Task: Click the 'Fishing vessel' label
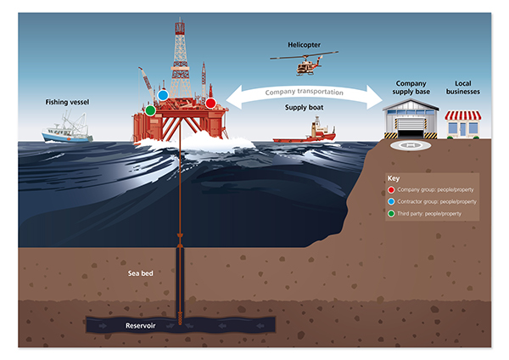coord(68,102)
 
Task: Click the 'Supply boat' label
coord(306,108)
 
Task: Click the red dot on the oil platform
coord(210,103)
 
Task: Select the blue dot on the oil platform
coord(163,96)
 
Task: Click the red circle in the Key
coord(392,190)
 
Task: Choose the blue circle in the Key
coord(392,201)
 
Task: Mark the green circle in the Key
coord(392,213)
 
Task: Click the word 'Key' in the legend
coord(393,179)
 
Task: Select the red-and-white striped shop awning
coord(463,115)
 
